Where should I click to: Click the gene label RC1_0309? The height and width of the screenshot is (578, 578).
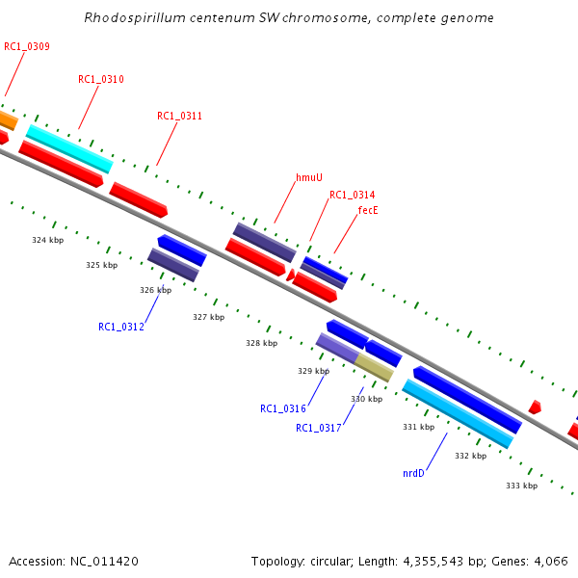(27, 46)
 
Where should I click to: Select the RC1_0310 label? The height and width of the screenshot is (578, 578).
(100, 79)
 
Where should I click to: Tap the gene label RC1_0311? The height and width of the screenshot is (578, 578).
(179, 116)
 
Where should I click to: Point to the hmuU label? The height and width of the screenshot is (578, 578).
(308, 177)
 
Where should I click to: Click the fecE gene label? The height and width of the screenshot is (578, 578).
(367, 209)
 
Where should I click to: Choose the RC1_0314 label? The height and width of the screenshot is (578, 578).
(352, 195)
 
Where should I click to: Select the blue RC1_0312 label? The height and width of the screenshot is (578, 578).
(120, 327)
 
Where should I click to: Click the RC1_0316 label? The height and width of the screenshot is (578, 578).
(282, 408)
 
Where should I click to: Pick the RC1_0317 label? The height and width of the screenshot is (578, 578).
(318, 428)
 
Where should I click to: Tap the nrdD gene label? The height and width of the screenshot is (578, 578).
(413, 473)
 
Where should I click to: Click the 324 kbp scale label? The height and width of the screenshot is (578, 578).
(47, 240)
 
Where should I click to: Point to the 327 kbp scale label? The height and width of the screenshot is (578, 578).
(208, 317)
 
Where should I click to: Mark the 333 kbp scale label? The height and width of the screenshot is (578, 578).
(521, 486)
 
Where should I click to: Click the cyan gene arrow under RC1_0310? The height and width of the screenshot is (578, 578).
(68, 148)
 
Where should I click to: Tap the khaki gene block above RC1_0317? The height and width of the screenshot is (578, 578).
(375, 366)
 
